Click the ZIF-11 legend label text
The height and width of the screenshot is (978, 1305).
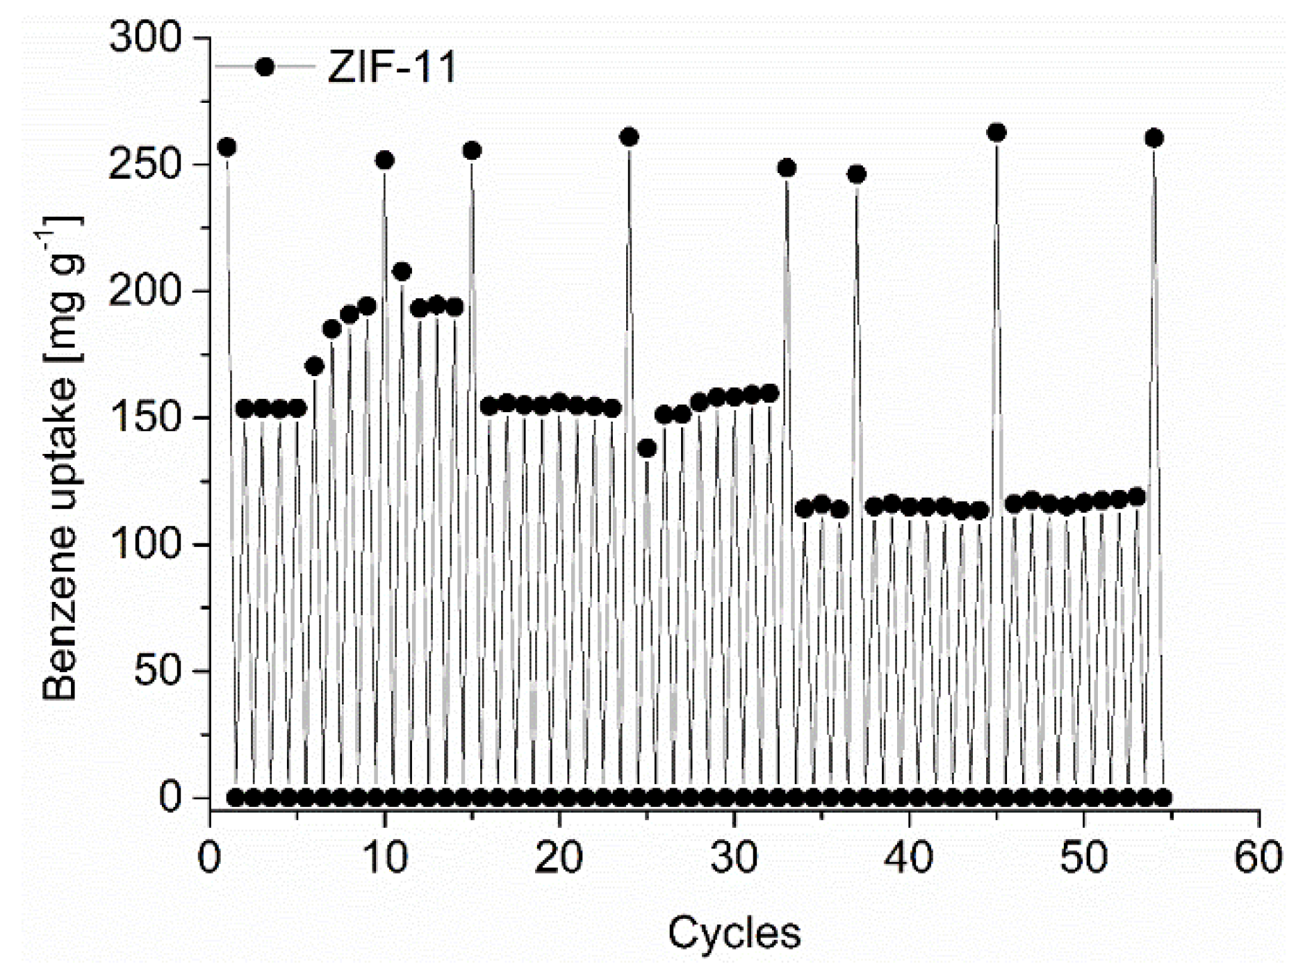click(x=391, y=67)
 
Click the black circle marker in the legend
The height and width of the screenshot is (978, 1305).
click(x=265, y=67)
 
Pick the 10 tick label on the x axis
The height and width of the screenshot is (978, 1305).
click(x=384, y=859)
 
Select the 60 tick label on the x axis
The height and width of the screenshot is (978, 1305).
click(x=1258, y=859)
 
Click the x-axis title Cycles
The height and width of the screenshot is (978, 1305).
click(x=734, y=933)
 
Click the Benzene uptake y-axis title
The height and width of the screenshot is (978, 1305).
click(x=60, y=459)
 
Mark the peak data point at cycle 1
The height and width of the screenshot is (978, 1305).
click(x=227, y=147)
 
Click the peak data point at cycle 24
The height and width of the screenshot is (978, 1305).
click(x=629, y=137)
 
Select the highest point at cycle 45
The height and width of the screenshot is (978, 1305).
click(x=996, y=132)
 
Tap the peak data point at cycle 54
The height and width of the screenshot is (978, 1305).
click(x=1154, y=138)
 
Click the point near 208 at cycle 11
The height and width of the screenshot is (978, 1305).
click(x=402, y=271)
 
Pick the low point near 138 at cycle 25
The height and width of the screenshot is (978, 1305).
click(x=647, y=448)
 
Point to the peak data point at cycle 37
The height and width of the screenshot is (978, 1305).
click(x=857, y=174)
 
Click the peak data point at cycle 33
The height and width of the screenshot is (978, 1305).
click(x=787, y=168)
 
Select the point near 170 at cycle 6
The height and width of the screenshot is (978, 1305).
click(x=315, y=366)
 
